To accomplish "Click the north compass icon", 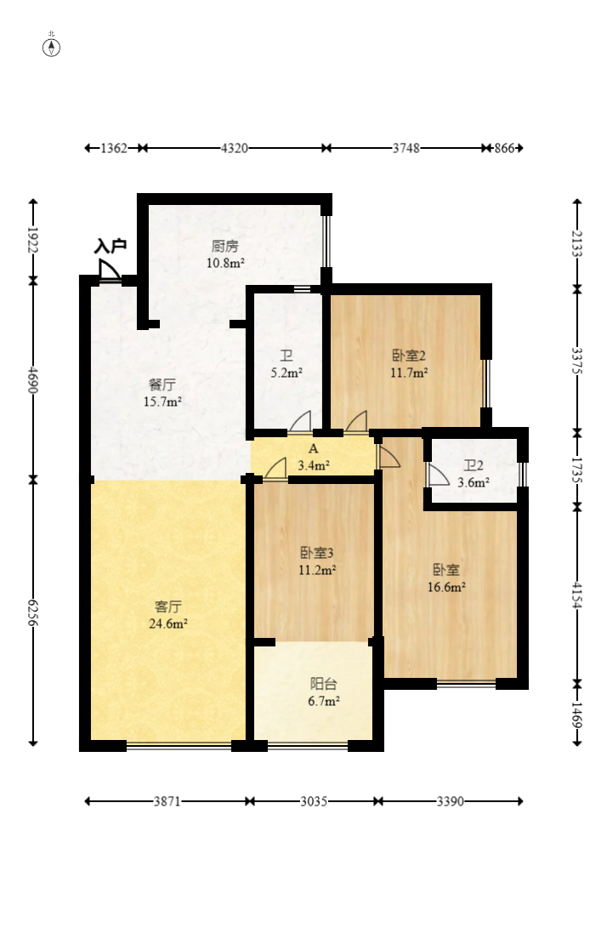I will pos(52,47).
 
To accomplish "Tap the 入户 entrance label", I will pos(110,247).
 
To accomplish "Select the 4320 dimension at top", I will pos(234,149).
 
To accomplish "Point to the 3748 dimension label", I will pos(406,149).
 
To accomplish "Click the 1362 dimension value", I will pos(114,149).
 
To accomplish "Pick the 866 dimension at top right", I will pos(504,149).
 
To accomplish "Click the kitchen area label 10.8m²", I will pos(224,263).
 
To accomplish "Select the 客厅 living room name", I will pos(167,606).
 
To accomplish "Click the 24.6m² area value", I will pos(167,623).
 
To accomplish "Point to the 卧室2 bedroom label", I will pos(408,356).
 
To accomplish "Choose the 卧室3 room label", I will pos(316,553).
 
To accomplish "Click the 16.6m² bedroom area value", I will pos(446,586).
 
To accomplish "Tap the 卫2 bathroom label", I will pos(474,466).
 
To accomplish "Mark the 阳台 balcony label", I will pos(322,684).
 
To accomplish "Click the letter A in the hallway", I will pos(313,448).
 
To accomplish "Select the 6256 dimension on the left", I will pos(33,612).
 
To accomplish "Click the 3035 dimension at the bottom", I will pos(314,801).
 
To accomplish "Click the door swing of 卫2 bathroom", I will pos(437,475).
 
